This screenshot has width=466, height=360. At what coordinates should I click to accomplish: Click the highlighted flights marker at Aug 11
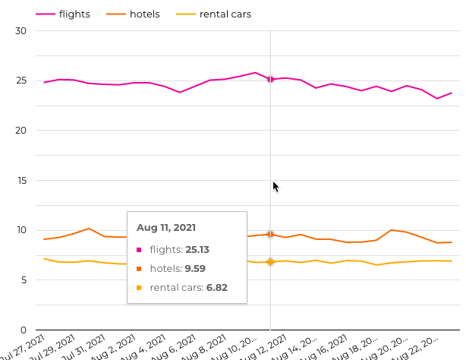pyautogui.click(x=270, y=79)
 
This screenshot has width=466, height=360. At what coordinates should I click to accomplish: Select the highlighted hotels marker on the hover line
pyautogui.click(x=270, y=234)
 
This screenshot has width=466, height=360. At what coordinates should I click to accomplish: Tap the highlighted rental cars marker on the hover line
pyautogui.click(x=270, y=262)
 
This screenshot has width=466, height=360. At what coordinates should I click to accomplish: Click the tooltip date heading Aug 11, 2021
pyautogui.click(x=166, y=227)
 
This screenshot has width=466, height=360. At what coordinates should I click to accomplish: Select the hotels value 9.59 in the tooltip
pyautogui.click(x=194, y=268)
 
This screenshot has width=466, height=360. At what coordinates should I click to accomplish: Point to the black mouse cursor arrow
pyautogui.click(x=276, y=186)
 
